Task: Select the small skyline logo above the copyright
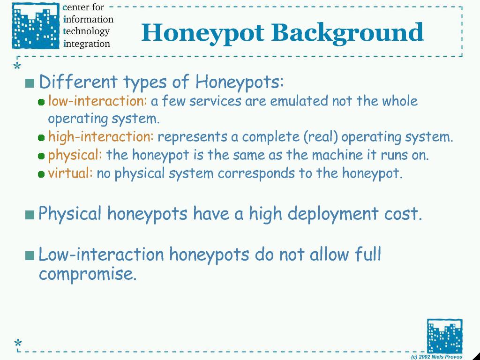pos(444,336)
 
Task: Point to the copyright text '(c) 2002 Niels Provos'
pos(436,357)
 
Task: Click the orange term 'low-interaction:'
pos(97,101)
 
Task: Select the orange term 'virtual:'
pos(70,173)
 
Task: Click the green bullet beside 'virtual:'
pos(41,174)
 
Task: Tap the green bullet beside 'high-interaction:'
pos(41,138)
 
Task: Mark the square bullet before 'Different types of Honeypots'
pos(30,83)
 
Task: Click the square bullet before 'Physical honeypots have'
pos(30,215)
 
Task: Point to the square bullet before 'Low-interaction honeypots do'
pos(30,255)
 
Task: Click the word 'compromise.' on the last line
pos(88,274)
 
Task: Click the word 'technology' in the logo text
pos(86,31)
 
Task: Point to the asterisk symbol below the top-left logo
pos(17,65)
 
